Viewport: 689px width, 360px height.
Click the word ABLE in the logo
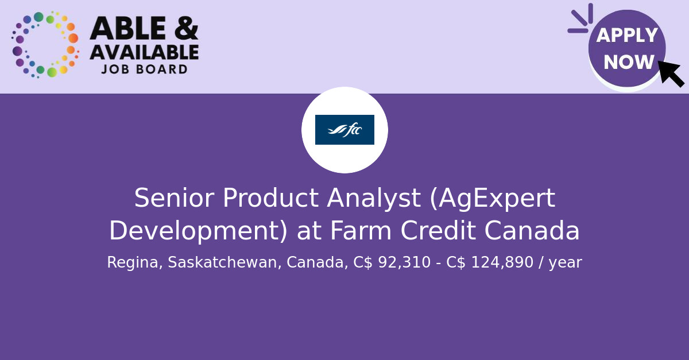click(127, 29)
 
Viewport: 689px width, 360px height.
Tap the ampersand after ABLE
click(185, 29)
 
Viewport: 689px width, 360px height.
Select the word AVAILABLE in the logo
click(144, 53)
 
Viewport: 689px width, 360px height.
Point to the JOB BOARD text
click(144, 69)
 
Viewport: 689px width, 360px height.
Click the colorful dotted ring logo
click(45, 45)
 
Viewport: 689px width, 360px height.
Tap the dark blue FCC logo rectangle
click(344, 130)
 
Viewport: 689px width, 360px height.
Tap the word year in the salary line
click(565, 263)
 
